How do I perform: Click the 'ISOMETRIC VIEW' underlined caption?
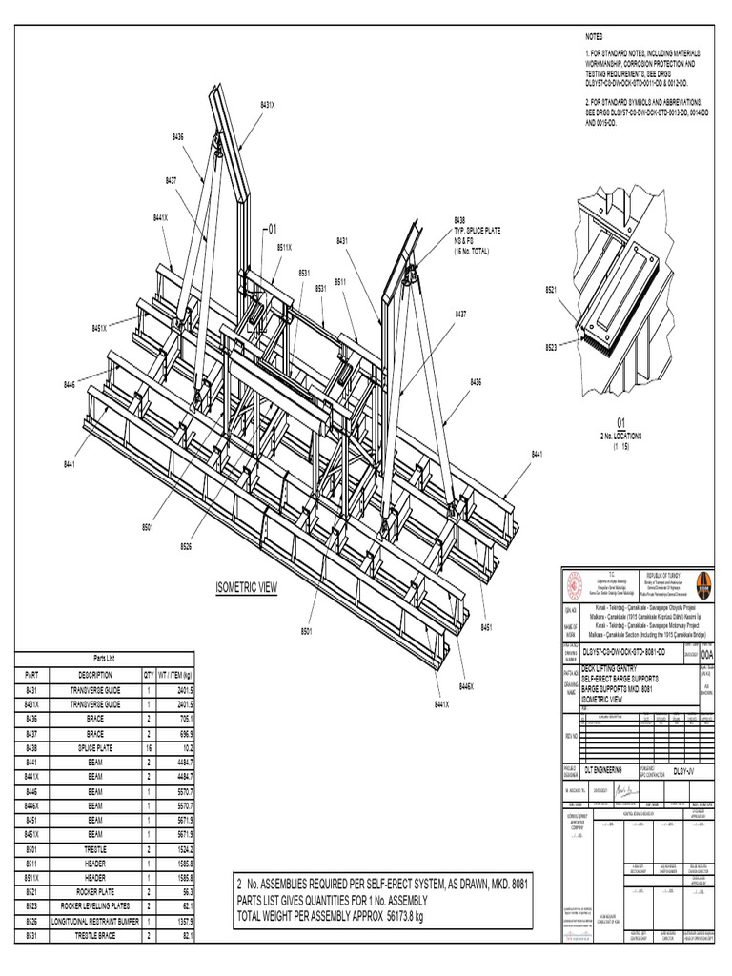click(246, 588)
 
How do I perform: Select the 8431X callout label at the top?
click(269, 104)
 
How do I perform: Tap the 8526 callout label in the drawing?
click(186, 546)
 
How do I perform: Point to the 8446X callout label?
click(466, 686)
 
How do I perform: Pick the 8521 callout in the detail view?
click(552, 288)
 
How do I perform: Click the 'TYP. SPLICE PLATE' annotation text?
click(477, 231)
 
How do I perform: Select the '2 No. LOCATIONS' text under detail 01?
click(620, 435)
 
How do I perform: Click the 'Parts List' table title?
click(104, 659)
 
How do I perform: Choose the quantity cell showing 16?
click(149, 749)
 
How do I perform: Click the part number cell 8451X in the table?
click(31, 834)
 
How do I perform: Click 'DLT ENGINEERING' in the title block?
click(604, 768)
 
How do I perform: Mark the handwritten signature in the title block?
click(623, 791)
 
